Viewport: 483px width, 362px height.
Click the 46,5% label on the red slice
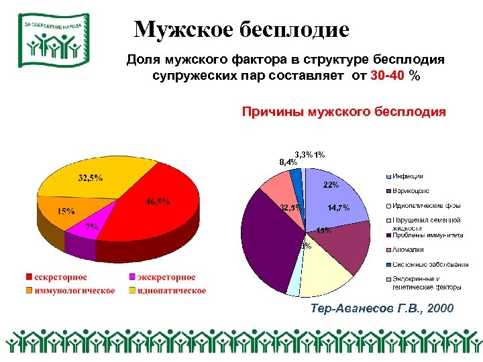point(158,202)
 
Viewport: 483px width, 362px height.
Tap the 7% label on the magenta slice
point(92,227)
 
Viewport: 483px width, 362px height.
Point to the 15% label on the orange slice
point(65,211)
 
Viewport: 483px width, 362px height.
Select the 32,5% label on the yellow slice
point(90,178)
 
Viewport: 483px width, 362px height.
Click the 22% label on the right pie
point(331,184)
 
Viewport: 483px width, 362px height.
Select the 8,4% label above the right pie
point(288,162)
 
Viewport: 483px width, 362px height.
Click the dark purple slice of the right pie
point(265,241)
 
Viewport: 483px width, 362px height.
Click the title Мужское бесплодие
point(241,30)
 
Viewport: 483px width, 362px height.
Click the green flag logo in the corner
point(51,40)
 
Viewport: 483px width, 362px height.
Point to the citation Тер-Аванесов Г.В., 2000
point(382,308)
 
